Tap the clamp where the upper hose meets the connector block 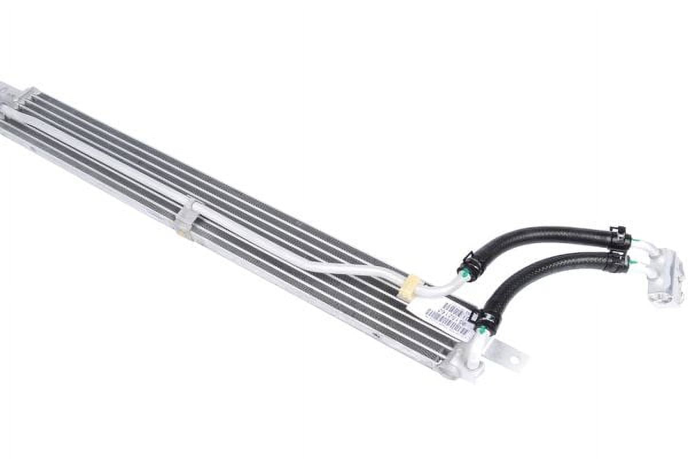click(x=619, y=237)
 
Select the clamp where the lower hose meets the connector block click(x=618, y=262)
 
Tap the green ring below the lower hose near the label click(x=483, y=331)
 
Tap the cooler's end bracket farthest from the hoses click(x=11, y=95)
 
